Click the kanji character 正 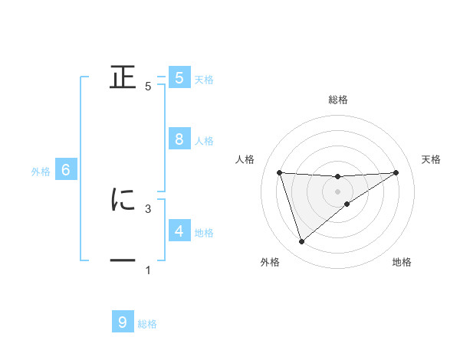coord(123,77)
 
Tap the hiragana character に coord(123,199)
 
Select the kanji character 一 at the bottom coord(123,261)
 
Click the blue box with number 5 coord(179,77)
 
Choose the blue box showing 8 coord(179,139)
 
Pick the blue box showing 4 coord(179,231)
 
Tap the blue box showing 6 coord(66,171)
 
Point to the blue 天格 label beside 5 coord(204,79)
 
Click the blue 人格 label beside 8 coord(204,141)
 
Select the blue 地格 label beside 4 coord(204,233)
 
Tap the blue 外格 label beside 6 coord(41,172)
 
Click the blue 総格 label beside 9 coord(147,324)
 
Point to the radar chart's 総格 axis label coord(338,100)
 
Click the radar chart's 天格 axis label coord(432,159)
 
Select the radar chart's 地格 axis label coord(402,262)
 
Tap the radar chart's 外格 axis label coord(270,262)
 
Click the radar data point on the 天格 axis coord(396,172)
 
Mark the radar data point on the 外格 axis coord(301,242)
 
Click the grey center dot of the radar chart coord(338,191)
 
